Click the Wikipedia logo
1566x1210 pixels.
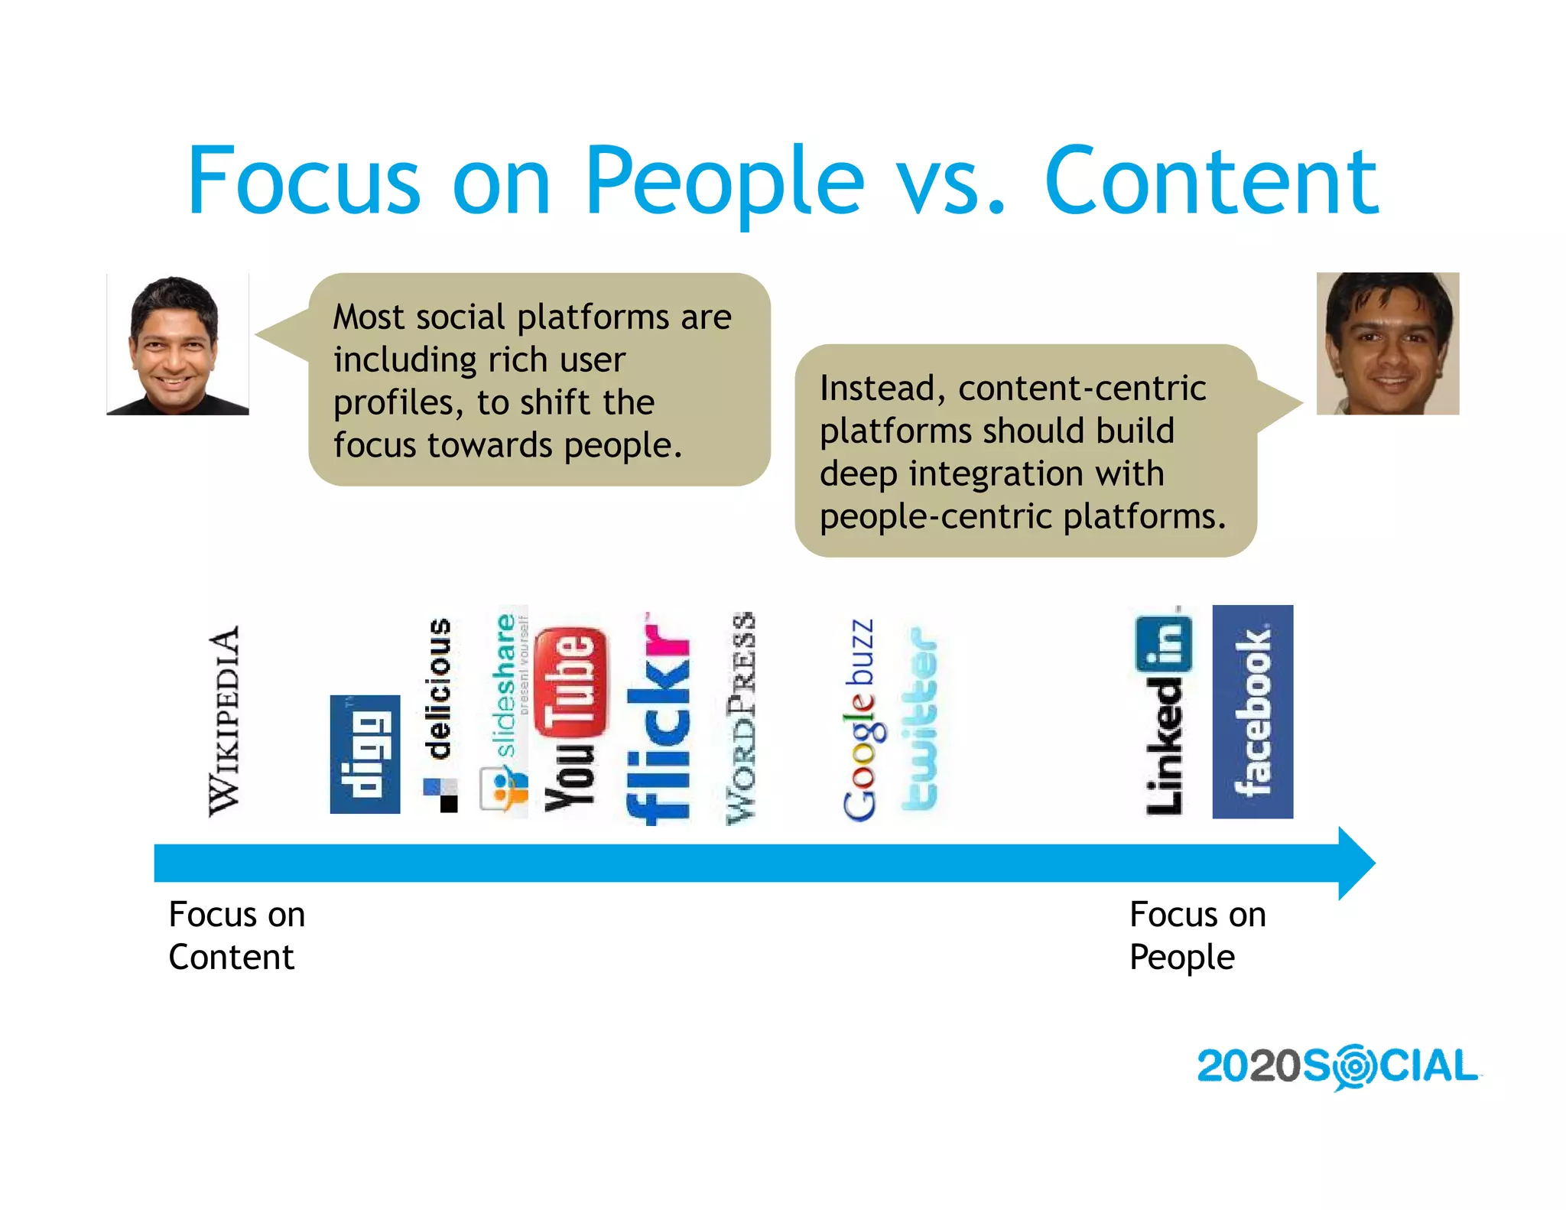point(224,721)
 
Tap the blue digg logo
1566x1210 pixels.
point(365,754)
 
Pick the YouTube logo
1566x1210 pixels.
point(571,719)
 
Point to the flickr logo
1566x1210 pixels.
point(658,719)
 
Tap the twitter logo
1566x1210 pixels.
point(920,719)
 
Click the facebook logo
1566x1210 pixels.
point(1252,711)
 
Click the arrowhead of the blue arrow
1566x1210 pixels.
point(1356,863)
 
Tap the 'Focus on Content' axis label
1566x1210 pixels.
point(236,935)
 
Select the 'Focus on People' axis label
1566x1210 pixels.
point(1197,935)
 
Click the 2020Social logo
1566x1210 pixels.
point(1337,1066)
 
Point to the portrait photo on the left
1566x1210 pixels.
point(177,344)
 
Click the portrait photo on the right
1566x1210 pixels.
point(1387,343)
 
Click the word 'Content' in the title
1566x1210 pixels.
point(1211,182)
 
